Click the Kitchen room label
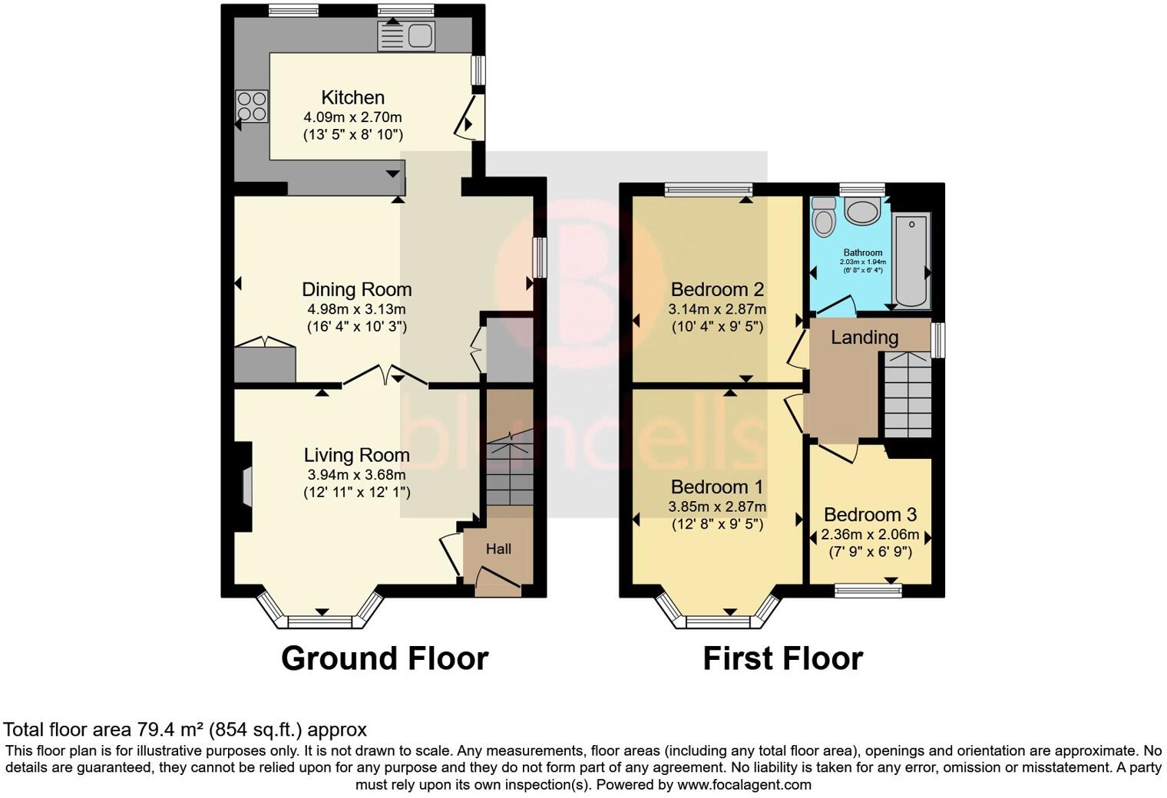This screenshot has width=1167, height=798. pos(352,97)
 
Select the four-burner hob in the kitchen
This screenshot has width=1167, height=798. pos(252,106)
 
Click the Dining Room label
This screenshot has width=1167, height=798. pos(356,289)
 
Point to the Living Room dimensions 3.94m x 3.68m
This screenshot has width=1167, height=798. pos(356,475)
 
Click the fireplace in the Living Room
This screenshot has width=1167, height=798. pos(245,486)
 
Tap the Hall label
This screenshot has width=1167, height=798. pos(498,549)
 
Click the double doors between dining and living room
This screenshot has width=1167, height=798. pos(385,375)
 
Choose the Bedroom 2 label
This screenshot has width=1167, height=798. pos(717,289)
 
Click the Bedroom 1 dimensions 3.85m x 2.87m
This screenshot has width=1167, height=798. pos(717,507)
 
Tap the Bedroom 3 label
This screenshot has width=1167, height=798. pos(870,515)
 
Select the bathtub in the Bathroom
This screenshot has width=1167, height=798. pos(911,259)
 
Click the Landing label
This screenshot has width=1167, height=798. pos(865,337)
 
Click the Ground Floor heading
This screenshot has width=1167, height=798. pos(384,658)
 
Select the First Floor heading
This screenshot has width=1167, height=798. pos(782,658)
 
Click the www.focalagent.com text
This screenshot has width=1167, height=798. pos(744,785)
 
